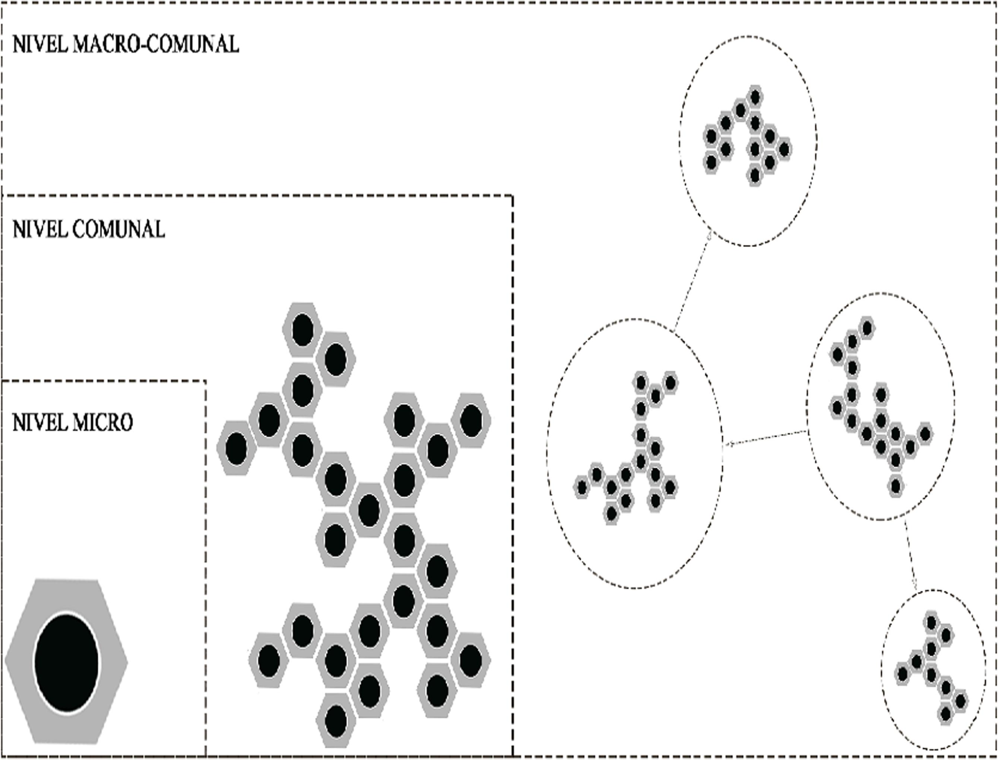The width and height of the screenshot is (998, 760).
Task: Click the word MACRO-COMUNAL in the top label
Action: click(x=156, y=44)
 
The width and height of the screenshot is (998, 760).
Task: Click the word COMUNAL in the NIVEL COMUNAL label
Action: click(x=118, y=229)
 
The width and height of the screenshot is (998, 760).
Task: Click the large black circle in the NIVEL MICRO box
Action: click(x=66, y=662)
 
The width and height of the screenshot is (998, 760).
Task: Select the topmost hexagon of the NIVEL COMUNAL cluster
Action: click(x=302, y=330)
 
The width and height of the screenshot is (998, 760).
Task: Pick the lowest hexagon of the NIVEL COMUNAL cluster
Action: click(x=336, y=720)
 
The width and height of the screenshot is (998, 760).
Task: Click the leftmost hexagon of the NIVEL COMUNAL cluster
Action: click(x=236, y=448)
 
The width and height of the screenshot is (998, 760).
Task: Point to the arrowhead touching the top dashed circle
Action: click(x=709, y=236)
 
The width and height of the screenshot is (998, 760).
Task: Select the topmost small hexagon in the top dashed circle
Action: click(x=754, y=97)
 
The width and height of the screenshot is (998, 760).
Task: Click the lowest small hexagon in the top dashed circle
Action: click(x=754, y=174)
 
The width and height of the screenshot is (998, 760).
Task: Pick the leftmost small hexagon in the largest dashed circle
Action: click(x=582, y=487)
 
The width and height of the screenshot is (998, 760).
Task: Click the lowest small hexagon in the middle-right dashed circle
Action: click(x=895, y=486)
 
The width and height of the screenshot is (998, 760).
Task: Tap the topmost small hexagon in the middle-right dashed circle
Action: click(x=866, y=328)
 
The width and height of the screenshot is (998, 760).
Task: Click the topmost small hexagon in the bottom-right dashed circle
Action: click(x=931, y=622)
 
